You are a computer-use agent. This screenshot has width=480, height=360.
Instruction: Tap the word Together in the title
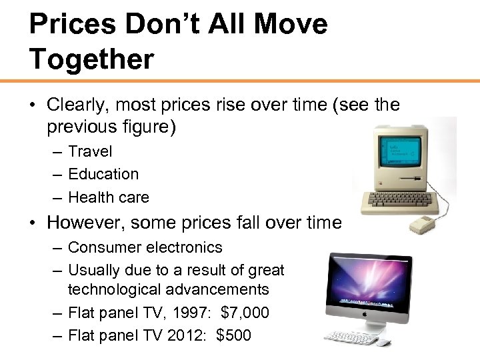pyautogui.click(x=91, y=59)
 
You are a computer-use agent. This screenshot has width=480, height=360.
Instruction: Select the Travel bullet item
pyautogui.click(x=90, y=152)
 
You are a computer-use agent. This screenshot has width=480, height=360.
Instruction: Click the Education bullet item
pyautogui.click(x=103, y=175)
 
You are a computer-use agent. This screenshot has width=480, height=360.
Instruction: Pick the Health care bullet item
pyautogui.click(x=109, y=197)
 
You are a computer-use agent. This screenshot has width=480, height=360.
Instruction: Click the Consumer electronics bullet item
pyautogui.click(x=145, y=247)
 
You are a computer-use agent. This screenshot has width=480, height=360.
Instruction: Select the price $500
pyautogui.click(x=234, y=335)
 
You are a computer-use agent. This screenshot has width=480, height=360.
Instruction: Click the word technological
pyautogui.click(x=111, y=290)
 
